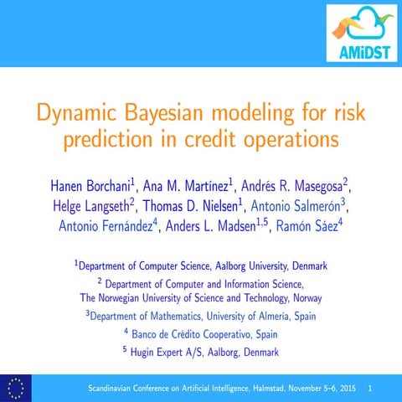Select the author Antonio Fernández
click(x=109, y=227)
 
